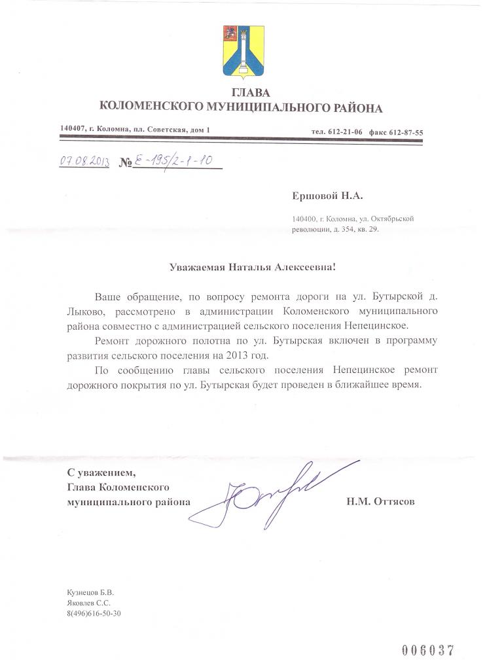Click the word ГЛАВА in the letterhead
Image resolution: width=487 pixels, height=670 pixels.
click(x=240, y=93)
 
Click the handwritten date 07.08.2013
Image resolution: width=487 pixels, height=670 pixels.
click(x=84, y=161)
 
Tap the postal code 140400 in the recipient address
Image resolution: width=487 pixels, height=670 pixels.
click(x=304, y=220)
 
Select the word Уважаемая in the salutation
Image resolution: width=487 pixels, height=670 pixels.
click(x=197, y=266)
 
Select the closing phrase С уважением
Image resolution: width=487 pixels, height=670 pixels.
click(x=103, y=473)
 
